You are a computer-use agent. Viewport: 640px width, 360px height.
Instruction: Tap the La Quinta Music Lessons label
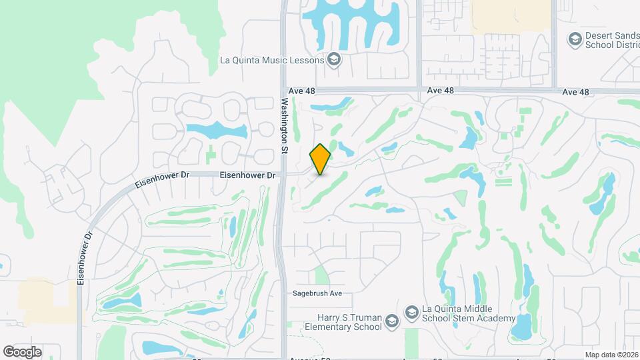point(272,60)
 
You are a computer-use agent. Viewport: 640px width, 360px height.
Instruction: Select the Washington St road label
point(284,126)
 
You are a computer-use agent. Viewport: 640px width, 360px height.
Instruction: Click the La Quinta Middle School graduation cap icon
point(411,311)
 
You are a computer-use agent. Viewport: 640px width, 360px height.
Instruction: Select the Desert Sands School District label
point(611,41)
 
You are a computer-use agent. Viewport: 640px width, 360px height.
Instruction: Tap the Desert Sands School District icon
point(574,40)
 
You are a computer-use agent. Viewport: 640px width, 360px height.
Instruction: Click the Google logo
point(22,351)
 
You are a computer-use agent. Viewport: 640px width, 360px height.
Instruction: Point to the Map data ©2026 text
point(611,355)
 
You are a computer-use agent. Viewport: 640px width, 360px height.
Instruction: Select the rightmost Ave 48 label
point(576,92)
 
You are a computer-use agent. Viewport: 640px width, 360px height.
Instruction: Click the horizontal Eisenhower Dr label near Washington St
point(248,175)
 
